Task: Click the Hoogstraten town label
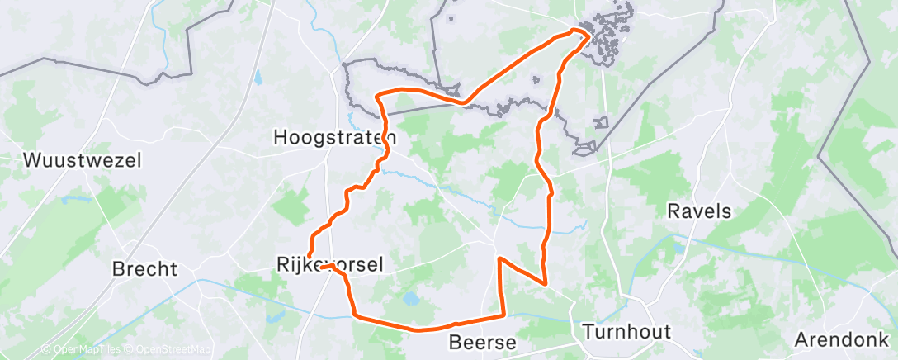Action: pos(335,137)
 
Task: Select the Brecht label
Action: pos(144,269)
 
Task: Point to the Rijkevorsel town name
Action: pos(328,264)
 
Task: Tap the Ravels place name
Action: pos(699,211)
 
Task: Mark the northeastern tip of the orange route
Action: pos(586,32)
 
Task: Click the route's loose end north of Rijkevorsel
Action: pos(309,255)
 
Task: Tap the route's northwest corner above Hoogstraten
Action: pos(378,96)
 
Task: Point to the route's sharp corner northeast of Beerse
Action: pos(545,283)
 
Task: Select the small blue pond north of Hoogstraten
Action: pos(257,79)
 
